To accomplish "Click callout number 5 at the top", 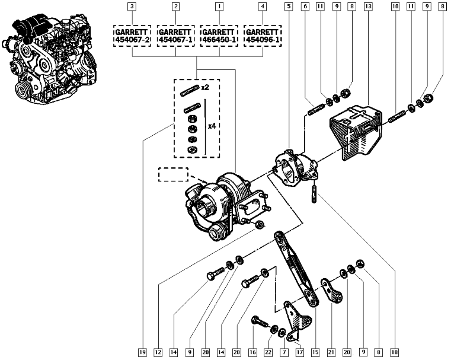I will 288,7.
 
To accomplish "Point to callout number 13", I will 368,7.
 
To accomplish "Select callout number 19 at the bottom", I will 142,352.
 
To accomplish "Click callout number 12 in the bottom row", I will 158,352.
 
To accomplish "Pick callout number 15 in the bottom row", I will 314,352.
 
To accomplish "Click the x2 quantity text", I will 205,87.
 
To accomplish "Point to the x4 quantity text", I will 212,126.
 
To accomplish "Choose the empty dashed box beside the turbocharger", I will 172,174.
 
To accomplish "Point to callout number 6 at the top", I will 305,7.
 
